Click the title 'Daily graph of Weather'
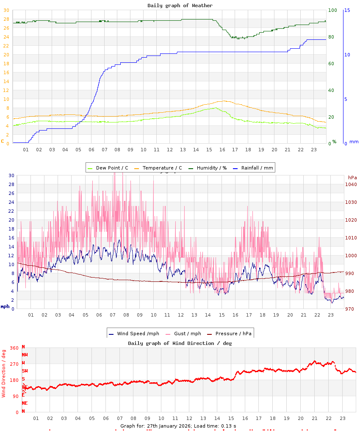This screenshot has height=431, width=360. (180, 6)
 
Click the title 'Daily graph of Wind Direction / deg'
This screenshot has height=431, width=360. (180, 343)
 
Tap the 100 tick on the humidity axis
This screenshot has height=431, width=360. (332, 10)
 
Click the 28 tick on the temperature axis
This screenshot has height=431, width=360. (6, 19)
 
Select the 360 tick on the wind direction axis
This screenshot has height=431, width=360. (14, 348)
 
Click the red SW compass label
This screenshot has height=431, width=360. (25, 371)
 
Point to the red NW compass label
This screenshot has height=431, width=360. (25, 355)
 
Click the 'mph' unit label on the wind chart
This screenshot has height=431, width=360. (5, 306)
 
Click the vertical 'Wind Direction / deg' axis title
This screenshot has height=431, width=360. (4, 373)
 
